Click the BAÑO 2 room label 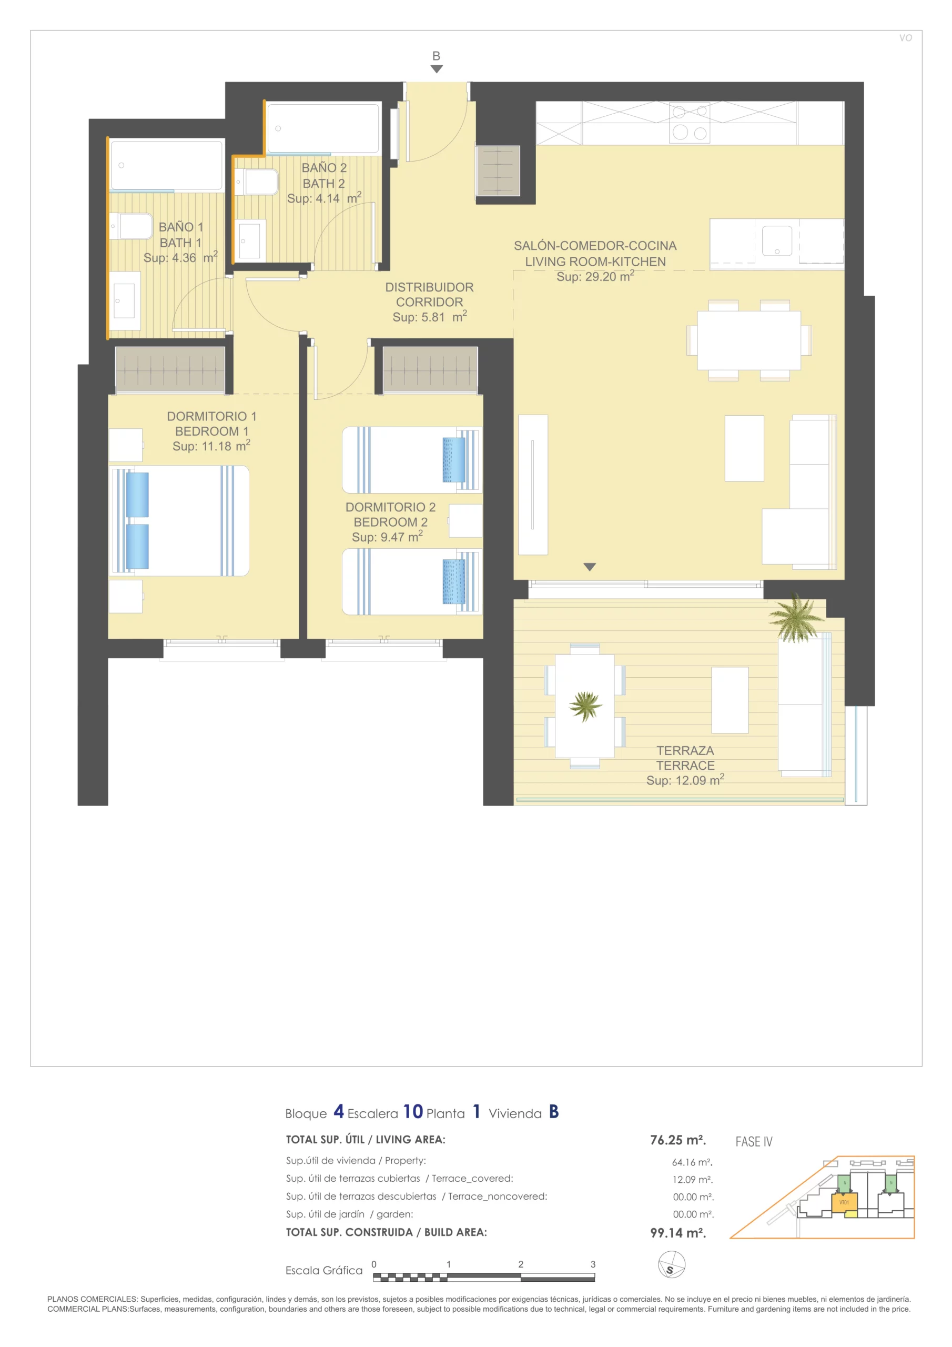click(x=324, y=168)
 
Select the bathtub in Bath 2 click(x=322, y=128)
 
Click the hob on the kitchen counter click(x=689, y=123)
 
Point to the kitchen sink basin click(x=777, y=241)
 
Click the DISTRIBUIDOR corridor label click(x=429, y=287)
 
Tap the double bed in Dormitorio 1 click(x=179, y=520)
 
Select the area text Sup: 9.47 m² click(x=387, y=537)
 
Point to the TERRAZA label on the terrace click(x=685, y=751)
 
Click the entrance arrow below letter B click(x=437, y=68)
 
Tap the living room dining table click(x=749, y=340)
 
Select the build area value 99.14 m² click(x=678, y=1233)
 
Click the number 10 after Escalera click(x=413, y=1112)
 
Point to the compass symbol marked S click(x=672, y=1264)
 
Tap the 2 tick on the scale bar click(x=521, y=1264)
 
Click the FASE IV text click(x=754, y=1142)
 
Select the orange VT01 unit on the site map click(x=845, y=1203)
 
